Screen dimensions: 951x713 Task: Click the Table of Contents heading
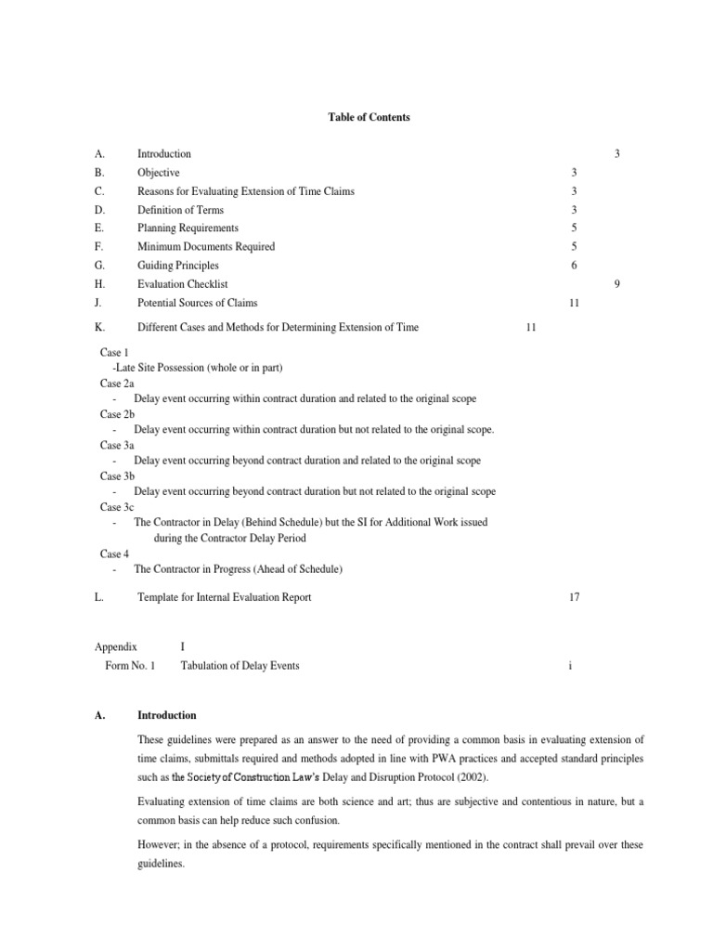tap(369, 118)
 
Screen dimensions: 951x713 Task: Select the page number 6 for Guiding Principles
tap(575, 266)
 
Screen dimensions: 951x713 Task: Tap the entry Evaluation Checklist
tap(182, 284)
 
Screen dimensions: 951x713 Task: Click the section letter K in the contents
tap(98, 327)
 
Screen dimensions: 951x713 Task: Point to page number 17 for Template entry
tap(574, 597)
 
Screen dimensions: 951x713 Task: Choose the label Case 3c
tap(117, 507)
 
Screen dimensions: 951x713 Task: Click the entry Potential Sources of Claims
tap(197, 303)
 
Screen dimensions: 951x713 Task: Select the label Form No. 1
tap(131, 666)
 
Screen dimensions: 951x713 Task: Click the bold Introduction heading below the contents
tap(166, 715)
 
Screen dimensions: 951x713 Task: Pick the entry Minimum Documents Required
tap(206, 247)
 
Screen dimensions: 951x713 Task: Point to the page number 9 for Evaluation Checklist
tap(617, 284)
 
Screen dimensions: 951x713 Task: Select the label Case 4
tap(114, 554)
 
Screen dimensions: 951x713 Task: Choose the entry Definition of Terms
tap(180, 210)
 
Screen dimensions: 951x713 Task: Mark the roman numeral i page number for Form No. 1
tap(573, 666)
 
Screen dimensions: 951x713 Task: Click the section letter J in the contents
tap(97, 303)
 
